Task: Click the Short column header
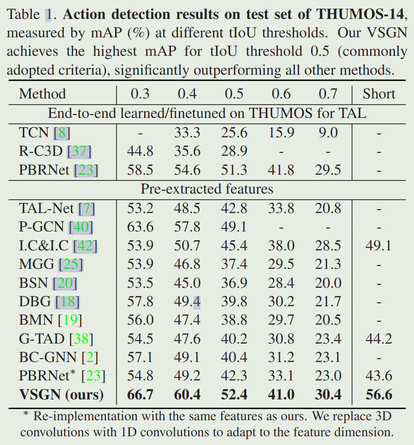click(x=379, y=94)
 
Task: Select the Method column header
click(x=42, y=94)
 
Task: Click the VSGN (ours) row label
click(x=61, y=395)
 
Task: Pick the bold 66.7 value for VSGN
click(x=140, y=395)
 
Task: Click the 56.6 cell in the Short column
click(x=379, y=395)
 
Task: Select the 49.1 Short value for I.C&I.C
click(x=379, y=246)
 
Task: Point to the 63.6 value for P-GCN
click(x=140, y=227)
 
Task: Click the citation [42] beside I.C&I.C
click(x=85, y=246)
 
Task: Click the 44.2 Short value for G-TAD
click(x=379, y=339)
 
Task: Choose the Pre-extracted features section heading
click(x=207, y=189)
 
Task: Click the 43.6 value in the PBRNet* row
click(x=379, y=376)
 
